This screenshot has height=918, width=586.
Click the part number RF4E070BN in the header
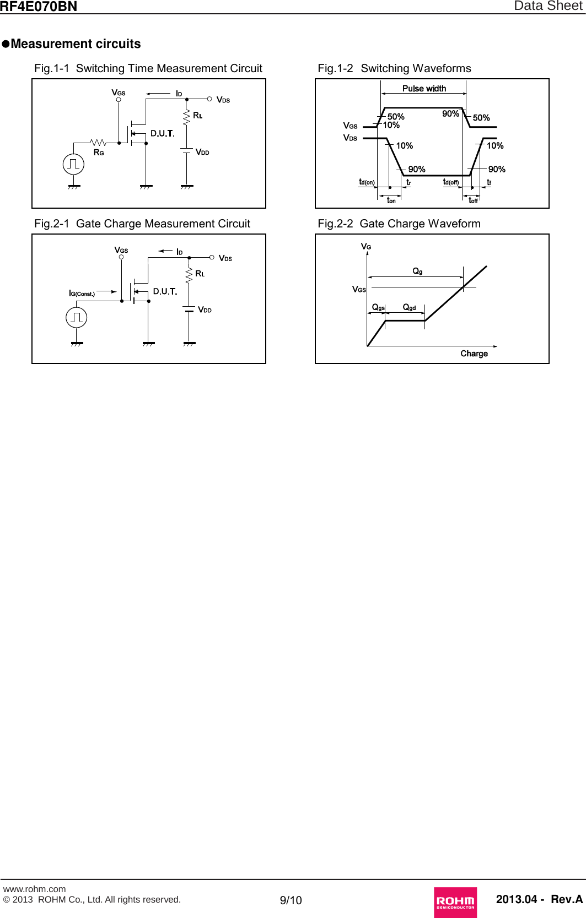click(x=38, y=7)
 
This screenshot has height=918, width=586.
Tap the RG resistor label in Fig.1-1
click(x=99, y=153)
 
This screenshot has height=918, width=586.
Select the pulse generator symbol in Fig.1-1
click(x=73, y=164)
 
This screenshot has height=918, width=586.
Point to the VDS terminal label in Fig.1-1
click(x=223, y=100)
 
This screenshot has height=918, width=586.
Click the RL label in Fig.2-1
click(x=200, y=274)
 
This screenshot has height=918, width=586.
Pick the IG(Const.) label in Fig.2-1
click(x=82, y=294)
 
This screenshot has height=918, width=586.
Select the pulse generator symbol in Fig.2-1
click(x=77, y=317)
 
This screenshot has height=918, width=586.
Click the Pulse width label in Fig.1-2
click(x=424, y=89)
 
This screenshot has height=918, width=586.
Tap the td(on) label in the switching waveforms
click(x=367, y=182)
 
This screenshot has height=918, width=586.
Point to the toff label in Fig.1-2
click(x=473, y=200)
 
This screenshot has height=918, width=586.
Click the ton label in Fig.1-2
click(x=391, y=200)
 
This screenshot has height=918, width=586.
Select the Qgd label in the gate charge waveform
click(x=409, y=307)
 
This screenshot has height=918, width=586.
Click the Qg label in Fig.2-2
click(x=417, y=271)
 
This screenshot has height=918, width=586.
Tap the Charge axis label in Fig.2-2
click(x=474, y=354)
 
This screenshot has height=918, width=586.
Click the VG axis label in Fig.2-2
click(x=365, y=246)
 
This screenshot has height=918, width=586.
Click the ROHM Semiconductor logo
click(x=455, y=901)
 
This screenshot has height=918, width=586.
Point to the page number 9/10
click(x=291, y=900)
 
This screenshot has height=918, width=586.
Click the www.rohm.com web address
click(x=34, y=889)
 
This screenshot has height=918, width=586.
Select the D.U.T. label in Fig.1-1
click(x=162, y=133)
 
